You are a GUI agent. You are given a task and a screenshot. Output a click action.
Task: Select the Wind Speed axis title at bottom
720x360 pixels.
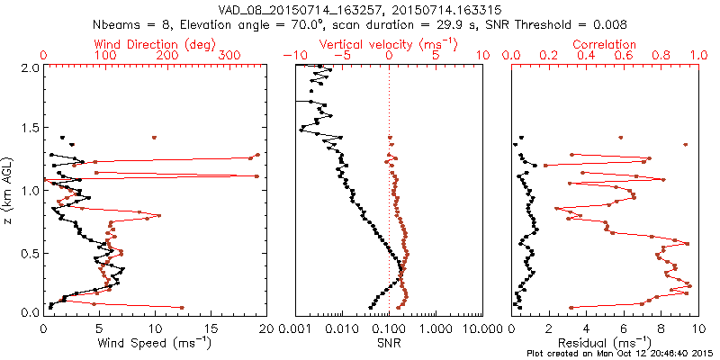[155, 342]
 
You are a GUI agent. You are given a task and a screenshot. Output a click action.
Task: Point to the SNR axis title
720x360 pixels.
[389, 342]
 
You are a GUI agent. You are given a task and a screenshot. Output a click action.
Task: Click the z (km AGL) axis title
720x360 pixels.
[8, 189]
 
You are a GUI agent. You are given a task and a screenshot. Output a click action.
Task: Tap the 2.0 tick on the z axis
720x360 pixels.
[28, 67]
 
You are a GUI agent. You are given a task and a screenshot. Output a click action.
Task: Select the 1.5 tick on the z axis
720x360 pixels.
[28, 129]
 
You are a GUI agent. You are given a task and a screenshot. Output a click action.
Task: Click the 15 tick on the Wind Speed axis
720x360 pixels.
[211, 328]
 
